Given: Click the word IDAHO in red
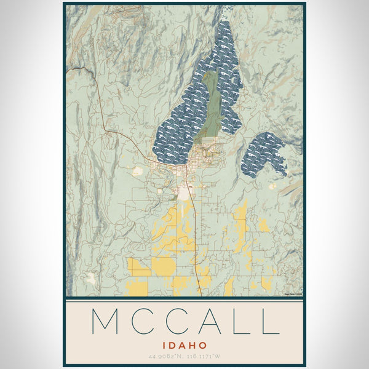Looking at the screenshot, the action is pos(184,346).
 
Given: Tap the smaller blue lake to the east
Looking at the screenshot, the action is pos(263,154).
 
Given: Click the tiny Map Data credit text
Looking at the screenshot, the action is pos(293,295).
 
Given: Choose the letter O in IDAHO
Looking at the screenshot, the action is pos(202,346).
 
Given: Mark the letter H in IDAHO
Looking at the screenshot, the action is pos(192,346).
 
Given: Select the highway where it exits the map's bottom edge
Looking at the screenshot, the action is pos(202,295).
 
